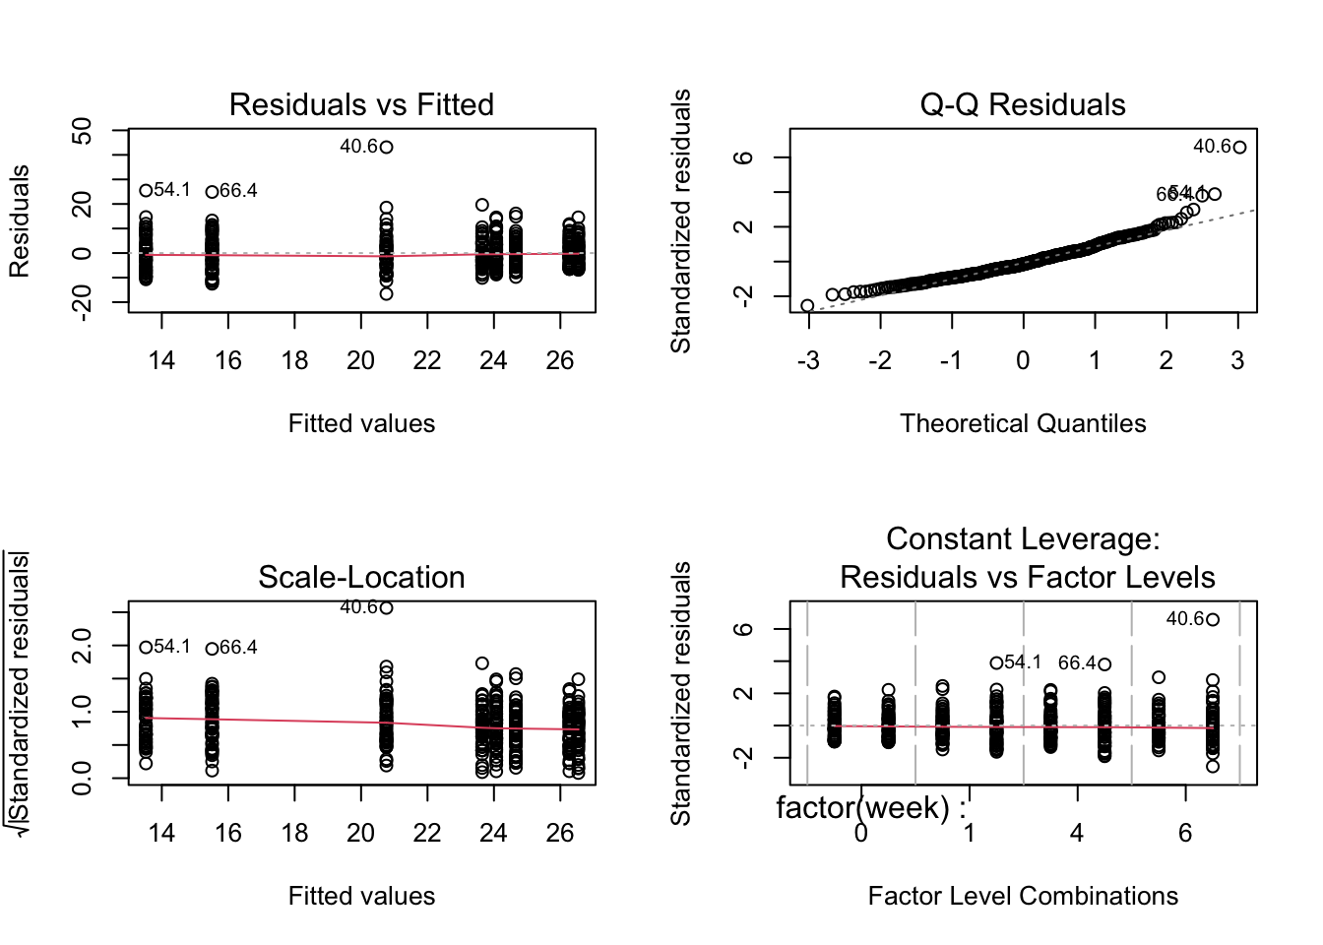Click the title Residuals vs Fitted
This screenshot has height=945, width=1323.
[361, 104]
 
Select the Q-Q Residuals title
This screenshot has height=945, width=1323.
[1023, 104]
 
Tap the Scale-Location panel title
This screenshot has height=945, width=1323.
[361, 577]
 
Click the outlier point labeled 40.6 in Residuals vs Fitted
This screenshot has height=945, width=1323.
[387, 148]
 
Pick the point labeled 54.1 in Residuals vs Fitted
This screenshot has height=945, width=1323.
[146, 191]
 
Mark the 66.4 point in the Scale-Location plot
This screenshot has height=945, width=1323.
[212, 649]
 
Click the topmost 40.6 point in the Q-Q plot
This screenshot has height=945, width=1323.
[1239, 148]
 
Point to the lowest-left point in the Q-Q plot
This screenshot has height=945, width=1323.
[808, 306]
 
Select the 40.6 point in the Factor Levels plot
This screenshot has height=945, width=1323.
[1213, 620]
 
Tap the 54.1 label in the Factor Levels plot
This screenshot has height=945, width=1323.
[1023, 662]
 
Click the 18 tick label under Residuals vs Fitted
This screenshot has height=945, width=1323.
[294, 361]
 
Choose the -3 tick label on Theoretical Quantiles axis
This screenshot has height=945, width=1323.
[807, 361]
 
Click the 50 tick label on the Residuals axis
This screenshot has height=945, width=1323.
[83, 131]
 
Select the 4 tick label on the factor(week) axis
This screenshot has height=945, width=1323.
[1077, 834]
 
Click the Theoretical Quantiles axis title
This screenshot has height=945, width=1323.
[1023, 423]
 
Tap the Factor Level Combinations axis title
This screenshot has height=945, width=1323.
[1023, 896]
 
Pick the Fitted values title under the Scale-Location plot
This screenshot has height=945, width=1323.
[361, 896]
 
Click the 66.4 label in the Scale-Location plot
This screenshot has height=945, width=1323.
[239, 648]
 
